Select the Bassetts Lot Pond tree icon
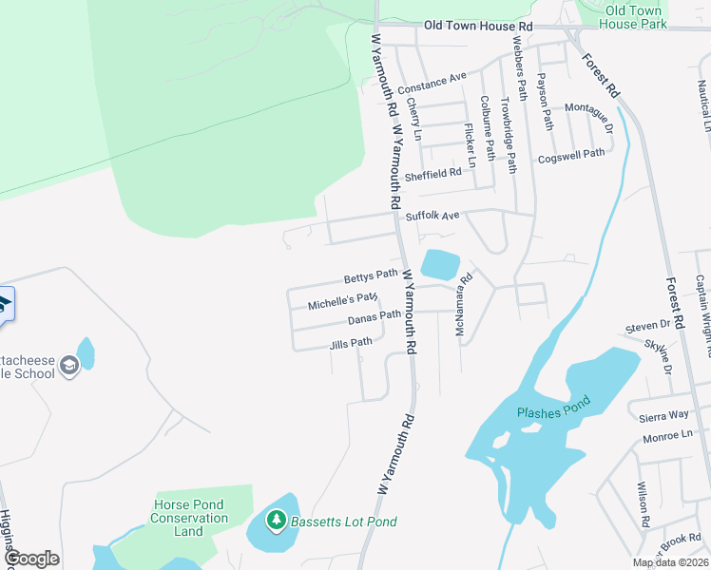point(276,521)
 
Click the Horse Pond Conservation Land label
point(189,518)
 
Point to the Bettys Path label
point(371,276)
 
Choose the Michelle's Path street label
point(343,303)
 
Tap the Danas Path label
point(375,317)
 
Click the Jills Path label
point(351,343)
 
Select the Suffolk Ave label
point(432,216)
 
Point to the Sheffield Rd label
point(432,174)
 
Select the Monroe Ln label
point(667,436)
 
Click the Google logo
point(31,559)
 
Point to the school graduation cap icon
point(67,365)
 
